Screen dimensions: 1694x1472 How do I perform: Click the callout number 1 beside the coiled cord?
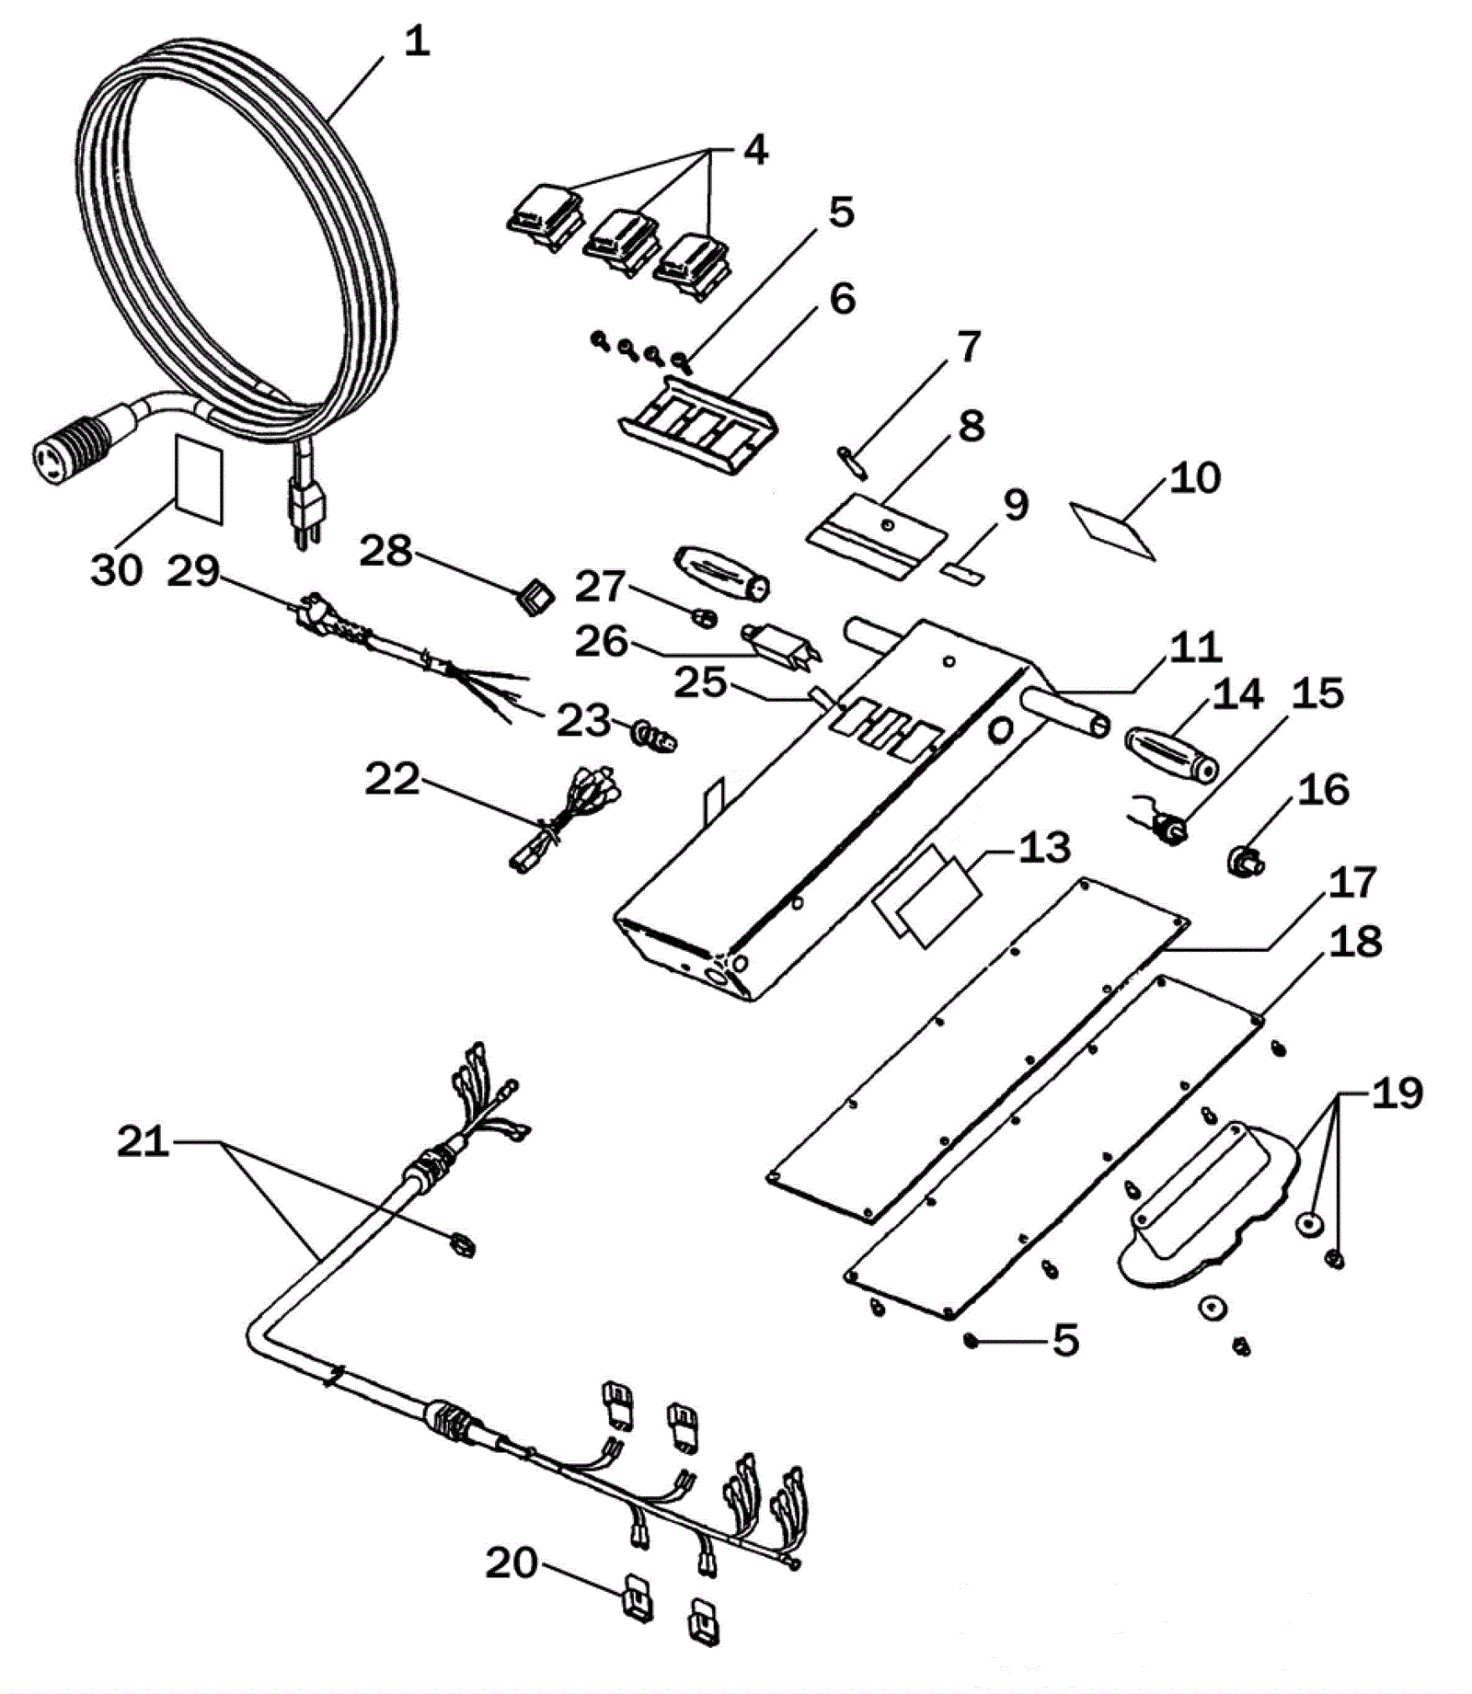(x=417, y=42)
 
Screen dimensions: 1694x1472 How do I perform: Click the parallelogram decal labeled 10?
(x=1111, y=530)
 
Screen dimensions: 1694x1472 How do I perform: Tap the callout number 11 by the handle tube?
(x=1195, y=647)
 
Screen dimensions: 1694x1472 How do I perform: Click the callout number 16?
(x=1323, y=790)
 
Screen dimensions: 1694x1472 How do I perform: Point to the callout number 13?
(x=1043, y=847)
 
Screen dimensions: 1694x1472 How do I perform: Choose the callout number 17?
(x=1351, y=882)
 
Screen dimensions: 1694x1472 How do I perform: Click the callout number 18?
(x=1355, y=942)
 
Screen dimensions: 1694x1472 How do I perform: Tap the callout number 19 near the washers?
(x=1397, y=1093)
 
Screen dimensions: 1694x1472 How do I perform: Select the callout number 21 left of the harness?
(x=144, y=1141)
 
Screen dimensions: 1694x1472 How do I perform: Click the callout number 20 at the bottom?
(x=511, y=1562)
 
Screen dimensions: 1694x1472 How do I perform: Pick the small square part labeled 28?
(x=535, y=598)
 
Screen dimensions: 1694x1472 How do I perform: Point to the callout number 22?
(x=393, y=780)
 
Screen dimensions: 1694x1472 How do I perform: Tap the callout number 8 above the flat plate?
(x=971, y=426)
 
